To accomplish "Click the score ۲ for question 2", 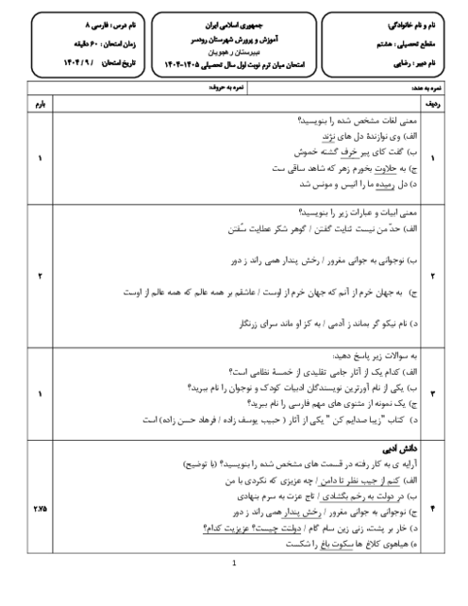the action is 39,275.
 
